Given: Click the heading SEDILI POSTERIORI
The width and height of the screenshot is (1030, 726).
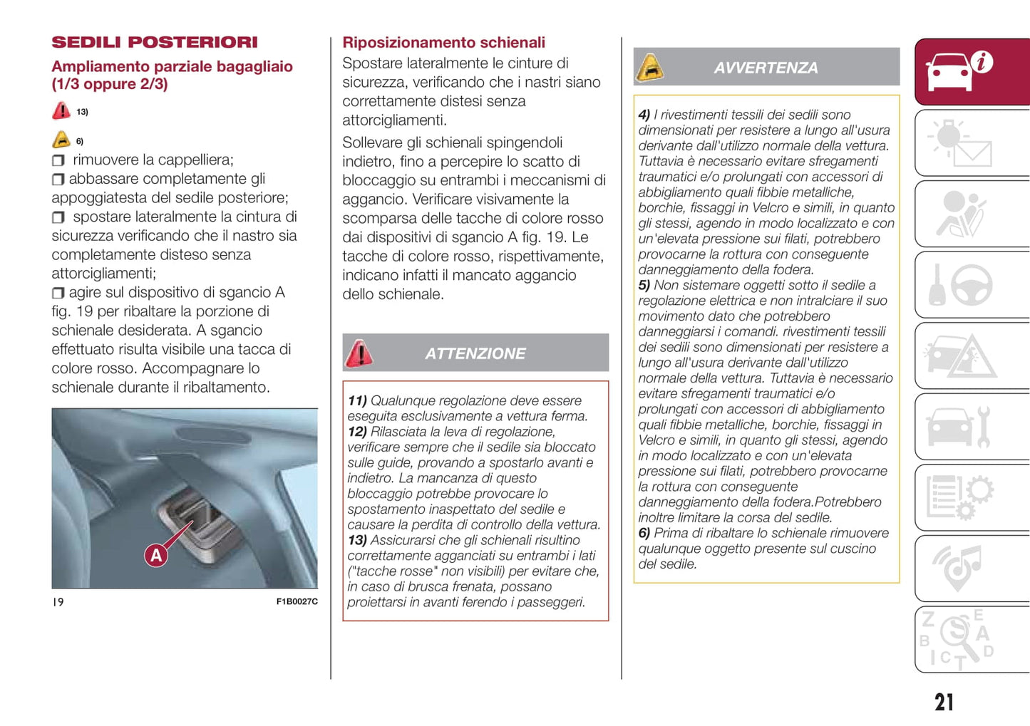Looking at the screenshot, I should [x=155, y=43].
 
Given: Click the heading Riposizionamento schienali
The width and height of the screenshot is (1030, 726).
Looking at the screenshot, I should [x=443, y=43].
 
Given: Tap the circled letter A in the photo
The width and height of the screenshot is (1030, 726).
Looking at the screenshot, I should [x=156, y=555].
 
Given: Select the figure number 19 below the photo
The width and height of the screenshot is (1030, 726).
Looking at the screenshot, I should [x=58, y=602].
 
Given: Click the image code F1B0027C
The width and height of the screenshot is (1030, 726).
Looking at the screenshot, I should [x=297, y=602].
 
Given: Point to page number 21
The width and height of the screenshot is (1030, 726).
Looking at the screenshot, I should [x=944, y=702].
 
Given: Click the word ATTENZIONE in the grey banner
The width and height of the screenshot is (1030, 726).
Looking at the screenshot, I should [x=475, y=354].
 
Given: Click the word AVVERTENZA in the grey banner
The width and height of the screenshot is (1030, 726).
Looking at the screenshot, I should [x=766, y=68].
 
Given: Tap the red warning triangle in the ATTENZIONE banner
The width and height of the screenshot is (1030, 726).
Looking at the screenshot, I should [x=359, y=353].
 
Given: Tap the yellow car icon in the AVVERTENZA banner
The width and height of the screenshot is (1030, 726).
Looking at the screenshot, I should [x=649, y=68].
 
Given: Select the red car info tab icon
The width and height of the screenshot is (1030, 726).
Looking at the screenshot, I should [x=959, y=71].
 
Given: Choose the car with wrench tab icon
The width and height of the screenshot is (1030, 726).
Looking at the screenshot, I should [x=959, y=427].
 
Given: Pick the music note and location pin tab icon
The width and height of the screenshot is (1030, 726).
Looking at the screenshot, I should [x=959, y=568].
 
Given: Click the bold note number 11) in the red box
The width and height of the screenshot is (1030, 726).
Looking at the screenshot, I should [x=356, y=401].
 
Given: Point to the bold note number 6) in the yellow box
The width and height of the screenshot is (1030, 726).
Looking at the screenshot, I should [x=644, y=534].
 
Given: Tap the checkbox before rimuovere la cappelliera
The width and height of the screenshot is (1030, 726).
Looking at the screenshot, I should [x=58, y=160].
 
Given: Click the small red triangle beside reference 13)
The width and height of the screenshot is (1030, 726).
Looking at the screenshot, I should [x=61, y=111].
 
